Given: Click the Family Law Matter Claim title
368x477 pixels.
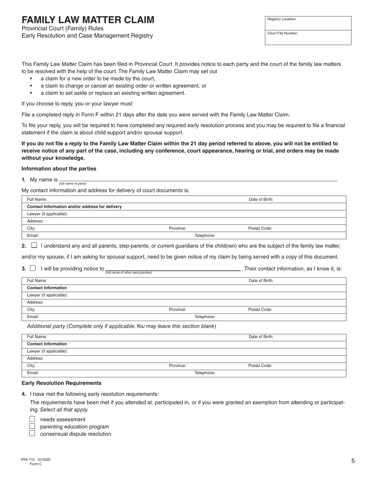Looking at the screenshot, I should (x=88, y=20).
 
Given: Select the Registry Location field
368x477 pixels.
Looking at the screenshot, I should (x=308, y=23).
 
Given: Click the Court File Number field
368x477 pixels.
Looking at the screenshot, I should (x=308, y=38).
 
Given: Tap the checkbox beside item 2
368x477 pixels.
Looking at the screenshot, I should (x=34, y=245).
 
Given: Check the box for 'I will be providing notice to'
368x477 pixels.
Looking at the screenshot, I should (x=33, y=268).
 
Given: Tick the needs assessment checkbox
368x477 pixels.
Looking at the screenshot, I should (x=33, y=419).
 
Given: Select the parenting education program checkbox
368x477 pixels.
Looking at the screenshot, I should (x=33, y=426).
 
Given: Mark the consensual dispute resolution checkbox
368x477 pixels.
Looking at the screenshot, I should (x=33, y=434).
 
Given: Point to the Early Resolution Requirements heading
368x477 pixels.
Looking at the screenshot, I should (x=61, y=383).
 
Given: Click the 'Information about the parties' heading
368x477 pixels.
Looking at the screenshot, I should (x=59, y=169).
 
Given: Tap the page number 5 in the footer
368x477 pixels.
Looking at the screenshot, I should (x=353, y=461).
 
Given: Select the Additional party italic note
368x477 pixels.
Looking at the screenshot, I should (x=121, y=326).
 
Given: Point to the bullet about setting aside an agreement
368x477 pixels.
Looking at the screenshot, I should (x=113, y=93).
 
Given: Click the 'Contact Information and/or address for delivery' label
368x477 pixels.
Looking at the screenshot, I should (x=74, y=207).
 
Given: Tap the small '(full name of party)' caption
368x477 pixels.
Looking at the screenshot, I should (x=73, y=183).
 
